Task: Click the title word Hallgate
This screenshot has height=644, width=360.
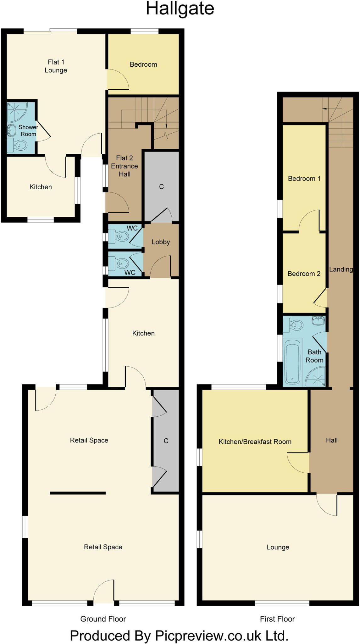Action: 180,9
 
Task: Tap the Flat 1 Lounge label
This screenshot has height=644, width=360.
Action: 56,66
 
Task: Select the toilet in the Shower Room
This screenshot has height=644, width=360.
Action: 19,146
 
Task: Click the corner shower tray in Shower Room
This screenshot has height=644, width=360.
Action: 17,112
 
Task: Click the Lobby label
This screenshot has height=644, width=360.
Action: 161,242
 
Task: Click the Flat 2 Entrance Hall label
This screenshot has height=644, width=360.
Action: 125,166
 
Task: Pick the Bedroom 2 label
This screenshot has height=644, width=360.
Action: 304,274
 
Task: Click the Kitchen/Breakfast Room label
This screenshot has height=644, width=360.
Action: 255,441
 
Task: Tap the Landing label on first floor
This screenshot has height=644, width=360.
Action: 341,269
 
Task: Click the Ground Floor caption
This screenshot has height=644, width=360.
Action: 103,619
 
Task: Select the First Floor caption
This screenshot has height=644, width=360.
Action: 277,619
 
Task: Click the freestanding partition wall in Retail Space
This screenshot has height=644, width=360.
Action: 78,493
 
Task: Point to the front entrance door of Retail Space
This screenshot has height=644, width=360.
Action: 104,592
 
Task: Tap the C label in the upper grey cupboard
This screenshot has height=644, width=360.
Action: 161,187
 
